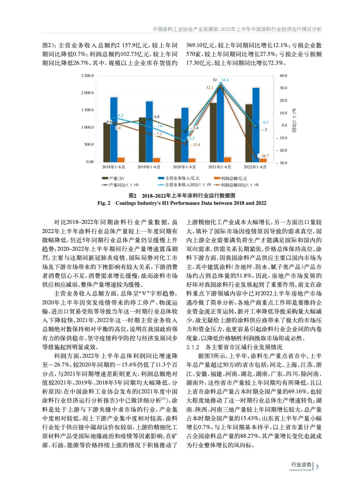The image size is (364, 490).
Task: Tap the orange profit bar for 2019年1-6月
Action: pyautogui.click(x=156, y=160)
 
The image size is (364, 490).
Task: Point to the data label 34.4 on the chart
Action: pyautogui.click(x=225, y=80)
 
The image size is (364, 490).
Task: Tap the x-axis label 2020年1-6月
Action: pyautogui.click(x=184, y=167)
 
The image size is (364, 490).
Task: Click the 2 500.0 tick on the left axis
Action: pyautogui.click(x=87, y=76)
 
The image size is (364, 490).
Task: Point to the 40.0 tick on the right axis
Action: pyautogui.click(x=283, y=76)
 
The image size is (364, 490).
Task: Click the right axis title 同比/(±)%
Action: pyautogui.click(x=294, y=120)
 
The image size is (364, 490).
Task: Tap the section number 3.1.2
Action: pyautogui.click(x=193, y=347)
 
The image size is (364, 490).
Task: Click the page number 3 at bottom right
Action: pyautogui.click(x=317, y=467)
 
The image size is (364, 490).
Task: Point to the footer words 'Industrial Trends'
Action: pyautogui.click(x=300, y=470)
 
